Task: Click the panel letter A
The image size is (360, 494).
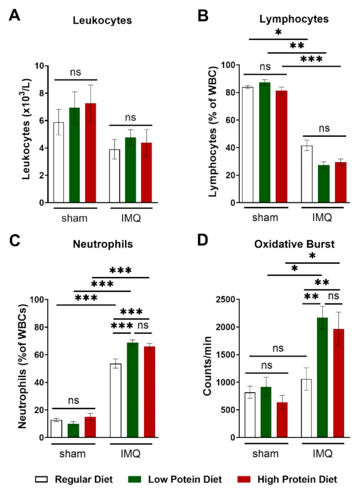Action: click(x=15, y=15)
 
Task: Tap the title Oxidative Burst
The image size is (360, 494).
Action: click(x=294, y=244)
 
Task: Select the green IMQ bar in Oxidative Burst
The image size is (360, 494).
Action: click(x=322, y=378)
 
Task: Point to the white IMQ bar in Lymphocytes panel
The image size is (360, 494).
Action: click(x=307, y=174)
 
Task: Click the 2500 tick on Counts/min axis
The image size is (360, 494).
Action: click(x=225, y=299)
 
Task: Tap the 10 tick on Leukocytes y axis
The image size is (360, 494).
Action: click(x=39, y=66)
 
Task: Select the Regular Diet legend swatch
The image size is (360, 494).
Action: click(x=42, y=479)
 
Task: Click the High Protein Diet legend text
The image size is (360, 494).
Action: click(x=297, y=479)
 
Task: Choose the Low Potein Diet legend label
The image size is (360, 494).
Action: click(x=185, y=479)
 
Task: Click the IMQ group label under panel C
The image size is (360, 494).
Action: click(x=131, y=453)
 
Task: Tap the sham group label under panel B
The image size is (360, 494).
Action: click(x=265, y=218)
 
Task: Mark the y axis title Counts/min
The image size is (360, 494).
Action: click(x=207, y=366)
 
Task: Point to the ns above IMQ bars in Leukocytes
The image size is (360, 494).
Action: click(x=130, y=118)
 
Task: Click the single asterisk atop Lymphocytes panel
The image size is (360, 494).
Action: click(x=278, y=32)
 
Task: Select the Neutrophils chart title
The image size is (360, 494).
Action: click(x=103, y=244)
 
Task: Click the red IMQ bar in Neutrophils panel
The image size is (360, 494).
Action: click(x=150, y=392)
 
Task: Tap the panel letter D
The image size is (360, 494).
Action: click(x=203, y=240)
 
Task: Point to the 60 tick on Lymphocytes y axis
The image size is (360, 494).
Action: click(x=230, y=120)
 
